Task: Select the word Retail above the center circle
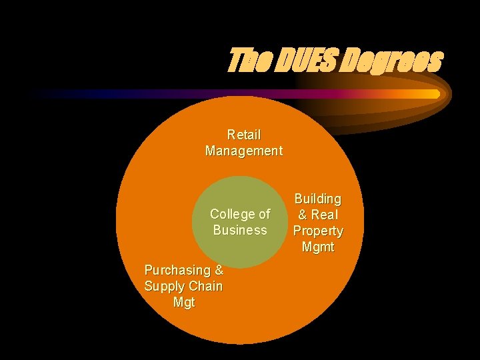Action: pyautogui.click(x=244, y=135)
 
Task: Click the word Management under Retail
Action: pyautogui.click(x=244, y=151)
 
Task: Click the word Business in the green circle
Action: pyautogui.click(x=240, y=230)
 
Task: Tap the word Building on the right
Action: pyautogui.click(x=318, y=199)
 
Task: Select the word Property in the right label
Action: pyautogui.click(x=318, y=231)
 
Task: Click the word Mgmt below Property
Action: pyautogui.click(x=318, y=247)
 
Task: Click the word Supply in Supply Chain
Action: pyautogui.click(x=163, y=286)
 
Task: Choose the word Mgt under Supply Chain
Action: pyautogui.click(x=184, y=302)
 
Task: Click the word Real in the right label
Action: pyautogui.click(x=325, y=215)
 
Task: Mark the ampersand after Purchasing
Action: pyautogui.click(x=219, y=270)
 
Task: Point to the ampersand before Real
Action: pyautogui.click(x=303, y=215)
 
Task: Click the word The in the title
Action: pyautogui.click(x=247, y=60)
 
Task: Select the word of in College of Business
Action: pyautogui.click(x=264, y=214)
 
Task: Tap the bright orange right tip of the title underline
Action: pyautogui.click(x=435, y=94)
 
